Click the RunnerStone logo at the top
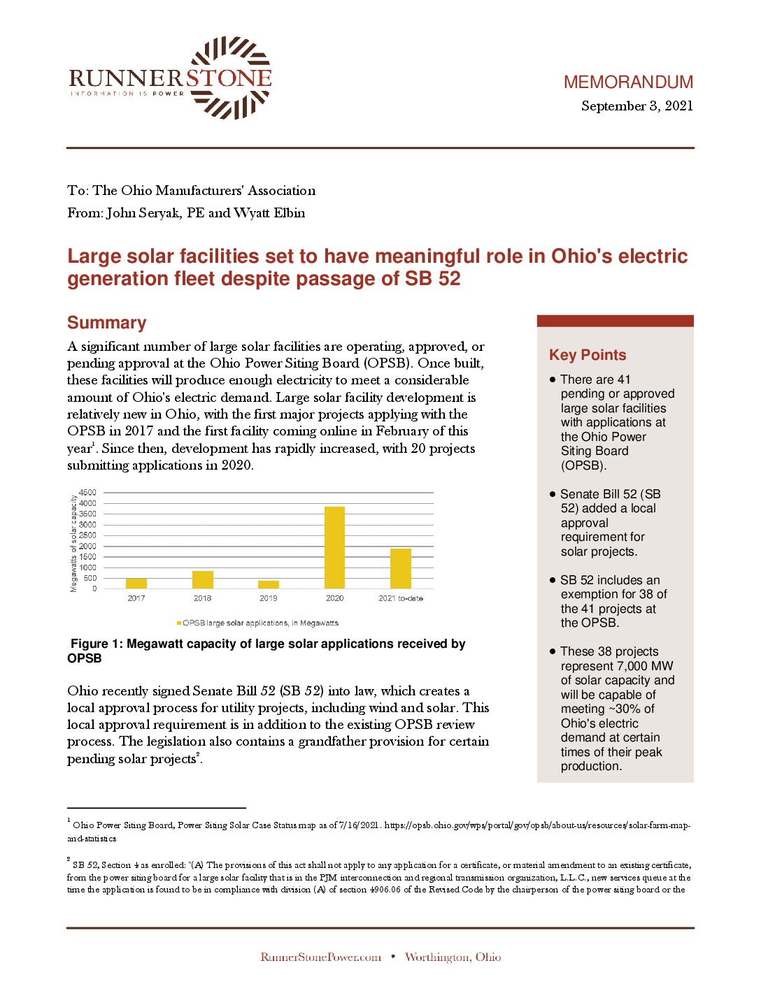(170, 78)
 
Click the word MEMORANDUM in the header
(628, 82)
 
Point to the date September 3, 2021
(636, 106)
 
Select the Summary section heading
(107, 323)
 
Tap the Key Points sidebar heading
(588, 355)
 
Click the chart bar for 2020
(334, 547)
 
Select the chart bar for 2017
(136, 584)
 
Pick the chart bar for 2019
(269, 585)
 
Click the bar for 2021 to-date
(401, 568)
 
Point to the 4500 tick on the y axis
(88, 493)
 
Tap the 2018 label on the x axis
(202, 598)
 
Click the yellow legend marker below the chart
(179, 623)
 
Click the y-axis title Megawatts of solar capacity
(73, 543)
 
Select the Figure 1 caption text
(266, 651)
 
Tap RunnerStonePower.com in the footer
(320, 957)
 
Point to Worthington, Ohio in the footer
(453, 957)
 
